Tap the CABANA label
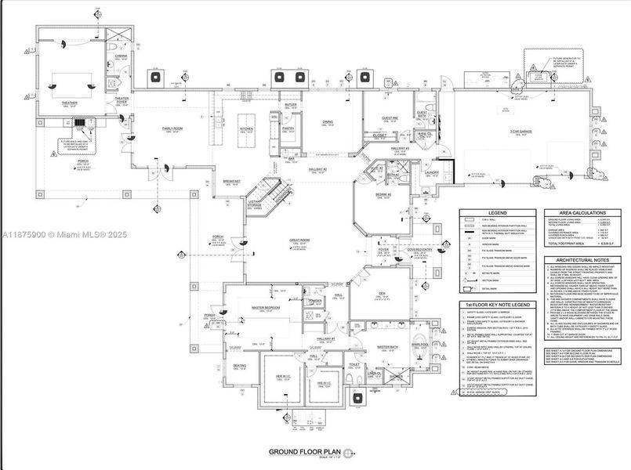(121, 56)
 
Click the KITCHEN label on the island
(247, 128)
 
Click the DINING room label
(328, 122)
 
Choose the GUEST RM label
(390, 118)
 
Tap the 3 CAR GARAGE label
(521, 131)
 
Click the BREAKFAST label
(230, 181)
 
